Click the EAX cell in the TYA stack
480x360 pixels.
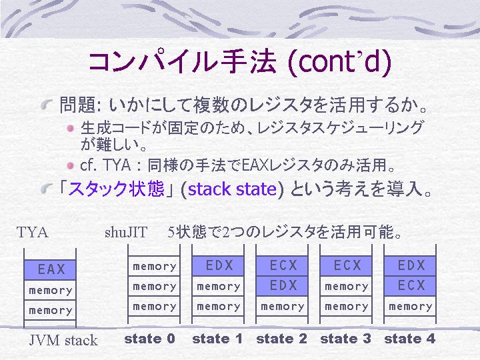coord(50,269)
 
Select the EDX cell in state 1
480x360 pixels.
coord(218,266)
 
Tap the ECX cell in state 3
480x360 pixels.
coord(346,266)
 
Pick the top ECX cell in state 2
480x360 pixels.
coord(282,266)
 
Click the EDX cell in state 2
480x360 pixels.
coord(282,286)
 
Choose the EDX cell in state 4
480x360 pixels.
coord(410,266)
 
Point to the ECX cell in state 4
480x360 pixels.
coord(410,286)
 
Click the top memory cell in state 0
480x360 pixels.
coord(154,266)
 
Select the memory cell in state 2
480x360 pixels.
coord(282,306)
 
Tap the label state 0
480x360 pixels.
coord(150,339)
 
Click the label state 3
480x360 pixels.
coord(345,339)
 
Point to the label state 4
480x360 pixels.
coord(409,339)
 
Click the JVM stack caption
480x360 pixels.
coord(63,341)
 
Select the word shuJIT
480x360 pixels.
coord(126,233)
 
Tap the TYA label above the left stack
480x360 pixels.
coord(33,233)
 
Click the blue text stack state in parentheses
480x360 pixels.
coord(232,189)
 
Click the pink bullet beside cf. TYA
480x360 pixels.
coord(71,165)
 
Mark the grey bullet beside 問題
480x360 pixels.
coord(47,105)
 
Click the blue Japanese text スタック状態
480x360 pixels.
coord(117,189)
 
